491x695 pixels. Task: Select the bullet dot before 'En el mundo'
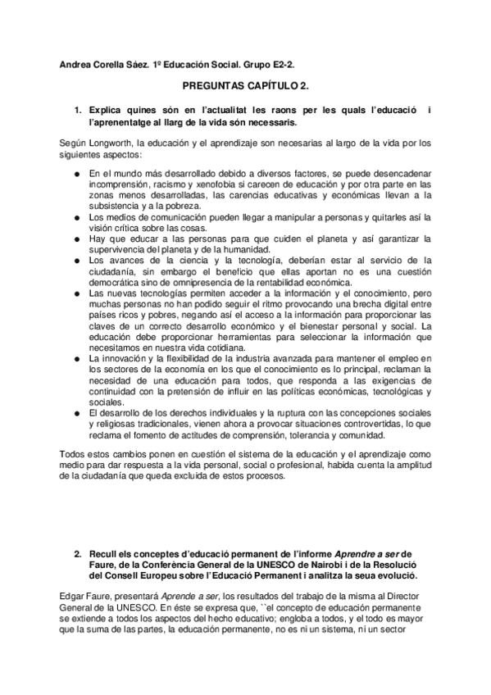(x=76, y=175)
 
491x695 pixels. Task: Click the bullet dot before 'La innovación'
(x=76, y=360)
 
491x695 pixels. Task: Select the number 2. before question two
(x=79, y=554)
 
